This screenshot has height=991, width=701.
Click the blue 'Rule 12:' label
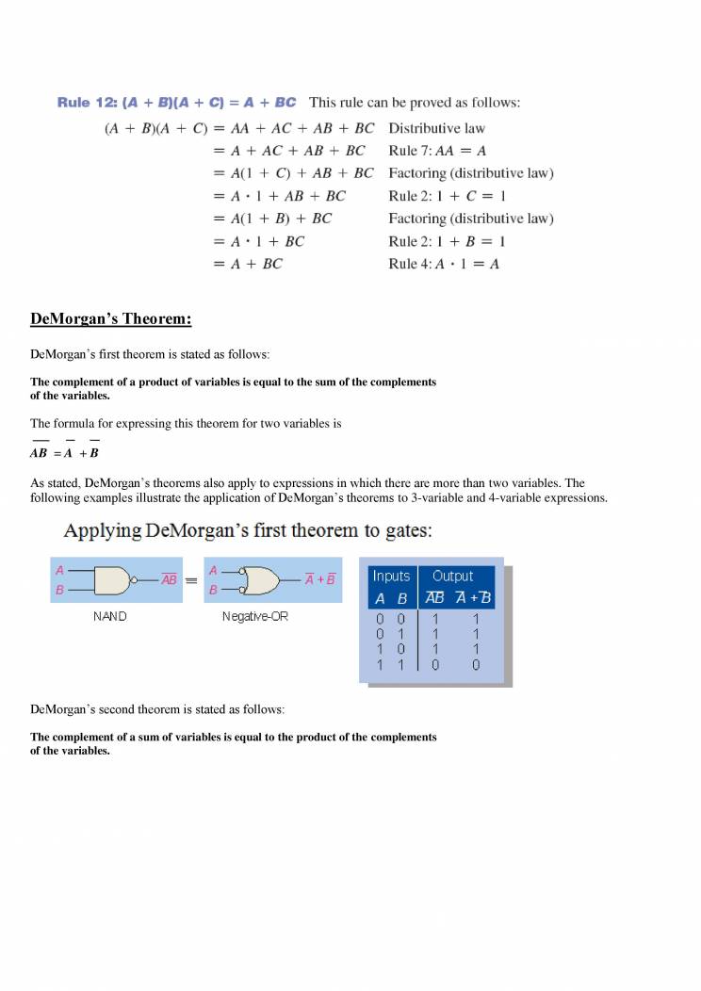point(87,103)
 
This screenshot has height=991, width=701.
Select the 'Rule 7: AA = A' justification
point(437,151)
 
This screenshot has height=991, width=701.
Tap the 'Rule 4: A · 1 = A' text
point(444,264)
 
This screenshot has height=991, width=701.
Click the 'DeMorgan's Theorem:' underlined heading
point(111,319)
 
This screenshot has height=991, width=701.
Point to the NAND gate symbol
point(114,580)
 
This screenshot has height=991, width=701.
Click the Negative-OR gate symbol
point(258,580)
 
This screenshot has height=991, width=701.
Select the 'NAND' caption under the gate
point(110,616)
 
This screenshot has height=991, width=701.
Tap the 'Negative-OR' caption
point(255,616)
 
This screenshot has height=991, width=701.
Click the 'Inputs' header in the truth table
point(391,576)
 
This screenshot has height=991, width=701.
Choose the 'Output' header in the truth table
point(453,576)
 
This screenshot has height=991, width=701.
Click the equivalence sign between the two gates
point(190,580)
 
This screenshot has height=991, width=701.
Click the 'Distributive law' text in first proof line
point(436,128)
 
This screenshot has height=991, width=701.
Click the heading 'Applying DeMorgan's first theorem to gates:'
point(248,531)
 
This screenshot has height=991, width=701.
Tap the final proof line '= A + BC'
point(248,264)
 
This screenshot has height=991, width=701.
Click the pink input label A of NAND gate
point(60,570)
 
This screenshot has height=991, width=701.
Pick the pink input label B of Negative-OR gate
point(213,591)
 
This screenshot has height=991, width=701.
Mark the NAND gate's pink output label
point(170,579)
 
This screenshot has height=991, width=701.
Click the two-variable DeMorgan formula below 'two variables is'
point(65,452)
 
